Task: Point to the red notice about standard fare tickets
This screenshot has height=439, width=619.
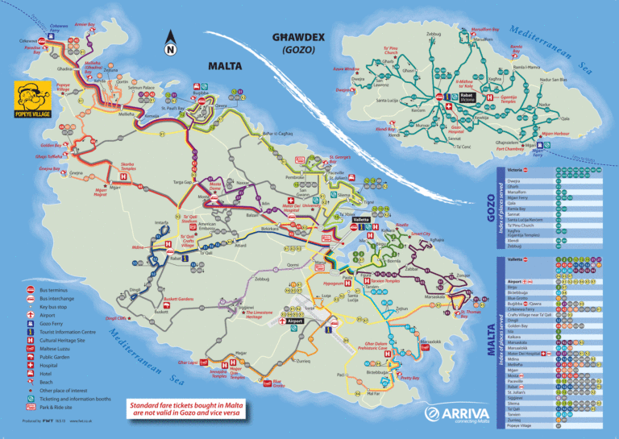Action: tap(187, 408)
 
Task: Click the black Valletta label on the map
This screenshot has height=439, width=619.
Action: tap(360, 219)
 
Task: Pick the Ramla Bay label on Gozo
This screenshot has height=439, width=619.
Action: tap(492, 50)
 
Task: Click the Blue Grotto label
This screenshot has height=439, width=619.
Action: tap(277, 384)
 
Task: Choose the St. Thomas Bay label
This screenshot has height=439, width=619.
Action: tap(455, 314)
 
